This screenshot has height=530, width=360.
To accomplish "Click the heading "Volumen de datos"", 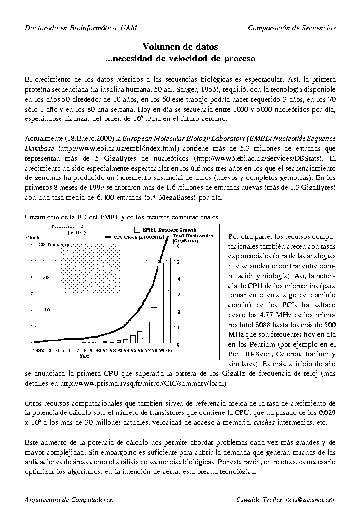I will [x=180, y=47].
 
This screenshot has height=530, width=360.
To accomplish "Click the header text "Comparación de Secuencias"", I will [x=292, y=28].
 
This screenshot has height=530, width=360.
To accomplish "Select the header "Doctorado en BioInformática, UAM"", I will [x=81, y=28].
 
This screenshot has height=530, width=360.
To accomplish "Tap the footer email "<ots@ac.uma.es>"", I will [x=310, y=499].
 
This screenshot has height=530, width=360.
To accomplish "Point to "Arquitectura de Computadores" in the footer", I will [x=68, y=499].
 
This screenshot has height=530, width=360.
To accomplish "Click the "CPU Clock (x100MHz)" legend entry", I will [x=141, y=236].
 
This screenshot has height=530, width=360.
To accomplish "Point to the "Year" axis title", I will [x=85, y=355].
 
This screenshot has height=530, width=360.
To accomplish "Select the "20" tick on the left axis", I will [x=46, y=278].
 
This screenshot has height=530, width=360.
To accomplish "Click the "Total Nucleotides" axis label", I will [x=192, y=236].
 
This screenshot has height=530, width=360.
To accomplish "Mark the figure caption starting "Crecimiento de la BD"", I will [x=121, y=217].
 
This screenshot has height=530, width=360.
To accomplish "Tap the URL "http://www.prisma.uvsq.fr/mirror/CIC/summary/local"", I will [x=141, y=384].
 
